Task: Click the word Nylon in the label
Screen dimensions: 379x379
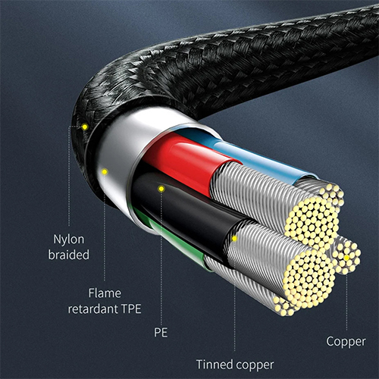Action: (69, 240)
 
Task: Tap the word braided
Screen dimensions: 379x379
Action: (69, 255)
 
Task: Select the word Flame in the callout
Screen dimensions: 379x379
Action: (105, 293)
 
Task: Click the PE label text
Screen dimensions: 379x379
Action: (161, 332)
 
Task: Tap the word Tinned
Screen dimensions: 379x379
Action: (215, 365)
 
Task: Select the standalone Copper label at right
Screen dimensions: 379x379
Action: (346, 342)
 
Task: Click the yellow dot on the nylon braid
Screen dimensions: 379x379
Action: (85, 127)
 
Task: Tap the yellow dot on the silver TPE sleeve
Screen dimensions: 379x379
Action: (105, 172)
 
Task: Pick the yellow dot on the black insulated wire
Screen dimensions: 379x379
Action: (161, 189)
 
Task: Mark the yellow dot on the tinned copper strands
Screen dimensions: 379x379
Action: (234, 239)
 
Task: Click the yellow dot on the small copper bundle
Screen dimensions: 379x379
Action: (346, 258)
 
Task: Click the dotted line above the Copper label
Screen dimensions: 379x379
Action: (346, 302)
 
